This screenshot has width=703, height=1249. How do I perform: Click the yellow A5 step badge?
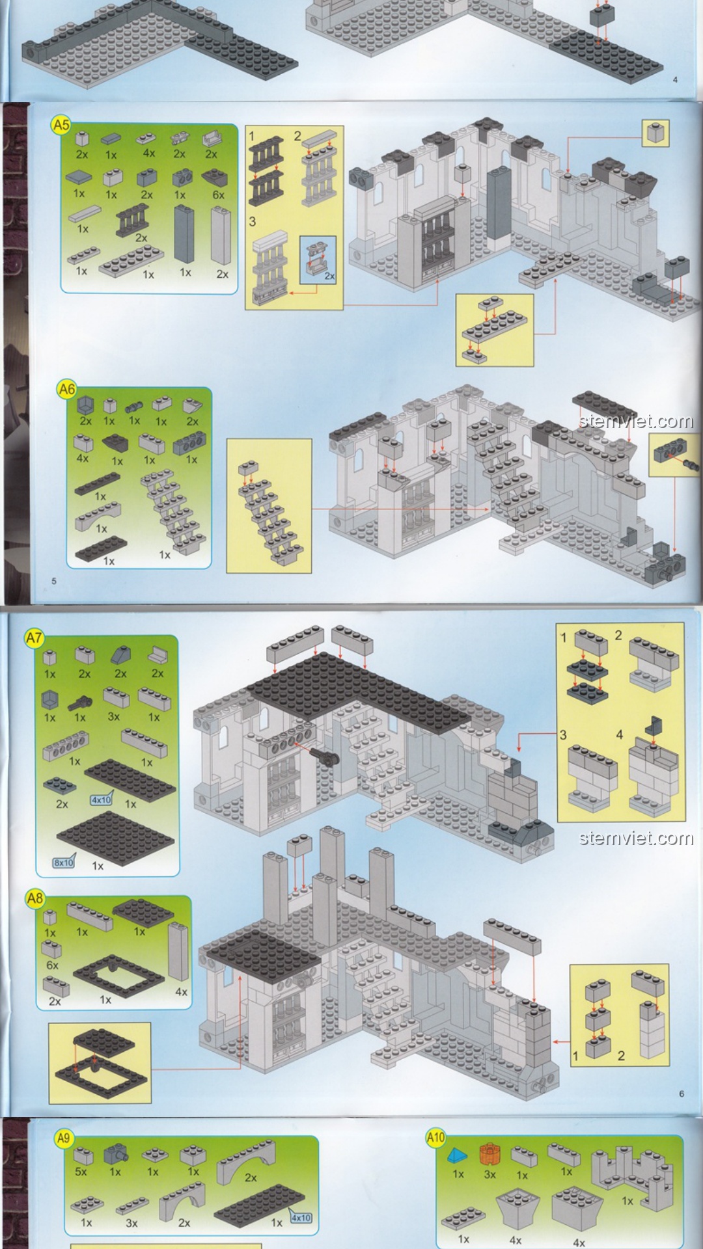tap(61, 125)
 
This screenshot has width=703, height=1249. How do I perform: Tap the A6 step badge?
tap(67, 390)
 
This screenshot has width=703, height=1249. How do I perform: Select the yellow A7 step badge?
tap(34, 638)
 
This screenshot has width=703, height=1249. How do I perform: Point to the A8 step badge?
tap(34, 898)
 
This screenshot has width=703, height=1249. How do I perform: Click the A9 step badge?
tap(63, 1138)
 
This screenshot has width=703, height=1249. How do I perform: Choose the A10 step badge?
tap(435, 1138)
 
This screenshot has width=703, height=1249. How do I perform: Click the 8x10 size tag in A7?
tap(64, 863)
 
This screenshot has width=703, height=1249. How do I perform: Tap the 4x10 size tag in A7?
tap(102, 799)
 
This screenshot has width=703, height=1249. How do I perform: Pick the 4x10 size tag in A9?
tap(300, 1218)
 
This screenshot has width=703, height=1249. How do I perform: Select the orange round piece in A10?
tap(489, 1154)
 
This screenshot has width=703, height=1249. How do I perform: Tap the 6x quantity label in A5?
tap(219, 195)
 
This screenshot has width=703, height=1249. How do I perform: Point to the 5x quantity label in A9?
tap(81, 1172)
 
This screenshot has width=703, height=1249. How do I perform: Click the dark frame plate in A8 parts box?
tap(111, 973)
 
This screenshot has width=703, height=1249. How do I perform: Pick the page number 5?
tap(54, 581)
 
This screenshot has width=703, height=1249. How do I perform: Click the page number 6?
tap(682, 1094)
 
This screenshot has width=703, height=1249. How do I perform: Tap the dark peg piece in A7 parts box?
tap(81, 701)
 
